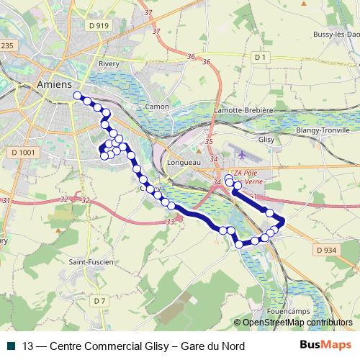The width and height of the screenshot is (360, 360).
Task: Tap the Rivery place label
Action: [x=109, y=63]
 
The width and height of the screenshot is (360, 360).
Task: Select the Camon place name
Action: [x=157, y=107]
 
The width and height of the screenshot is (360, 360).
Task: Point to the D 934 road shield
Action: [x=326, y=250]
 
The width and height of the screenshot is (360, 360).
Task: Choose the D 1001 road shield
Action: [x=24, y=153]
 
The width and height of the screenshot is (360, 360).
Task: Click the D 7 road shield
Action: [x=99, y=300]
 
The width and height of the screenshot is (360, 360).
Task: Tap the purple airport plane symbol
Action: [x=241, y=154]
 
